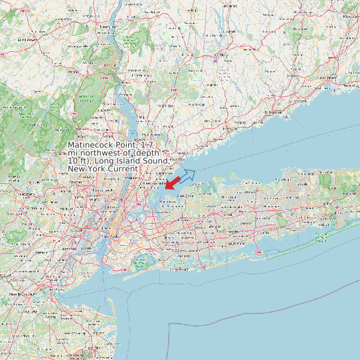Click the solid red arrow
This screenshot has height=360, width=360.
coord(174,181)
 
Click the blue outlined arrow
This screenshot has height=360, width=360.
coord(187,176)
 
